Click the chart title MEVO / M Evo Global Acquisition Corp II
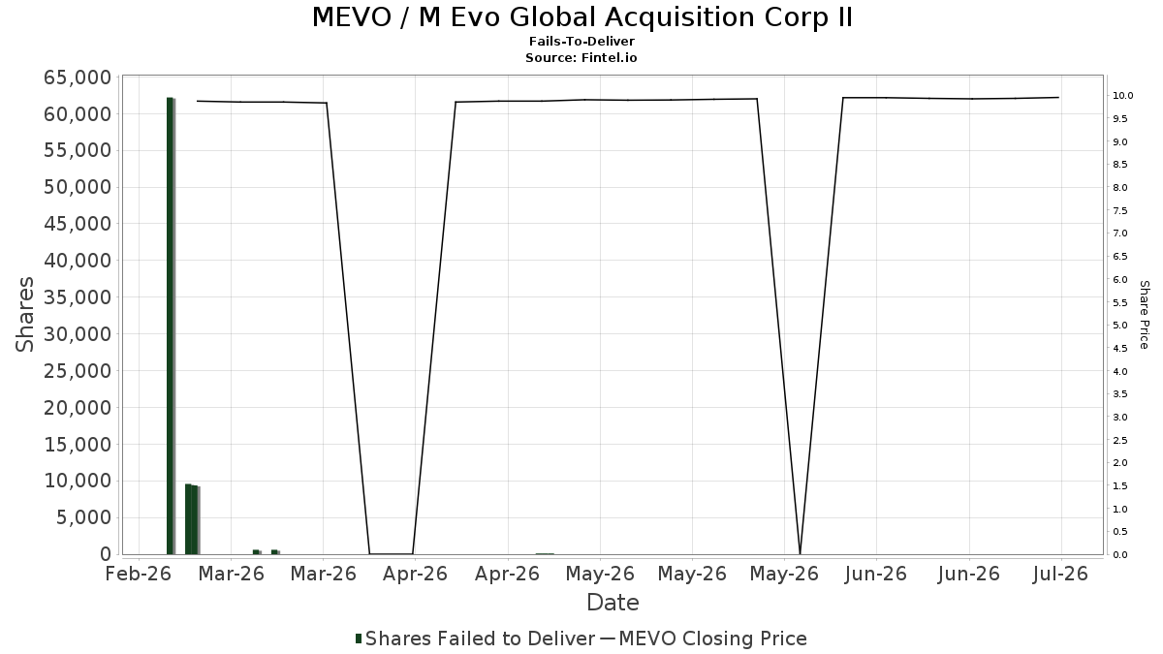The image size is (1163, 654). point(582,17)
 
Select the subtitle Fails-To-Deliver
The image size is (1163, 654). point(581,42)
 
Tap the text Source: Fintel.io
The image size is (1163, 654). point(581,57)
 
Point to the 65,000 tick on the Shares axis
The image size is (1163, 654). point(78,78)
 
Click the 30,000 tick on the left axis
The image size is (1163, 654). point(78,334)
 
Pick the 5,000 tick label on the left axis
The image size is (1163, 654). point(84,517)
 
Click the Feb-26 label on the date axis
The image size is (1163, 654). point(138,574)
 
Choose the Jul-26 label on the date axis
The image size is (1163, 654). point(1060,574)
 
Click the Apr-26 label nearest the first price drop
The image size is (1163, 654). point(415,574)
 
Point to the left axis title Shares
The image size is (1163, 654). point(24,315)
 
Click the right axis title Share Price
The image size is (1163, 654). point(1144,315)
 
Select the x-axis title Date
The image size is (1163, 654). point(613,603)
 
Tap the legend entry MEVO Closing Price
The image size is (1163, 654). point(704,638)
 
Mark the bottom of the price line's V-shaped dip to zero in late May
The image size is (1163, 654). point(800,554)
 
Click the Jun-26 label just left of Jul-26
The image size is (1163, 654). point(968,574)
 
